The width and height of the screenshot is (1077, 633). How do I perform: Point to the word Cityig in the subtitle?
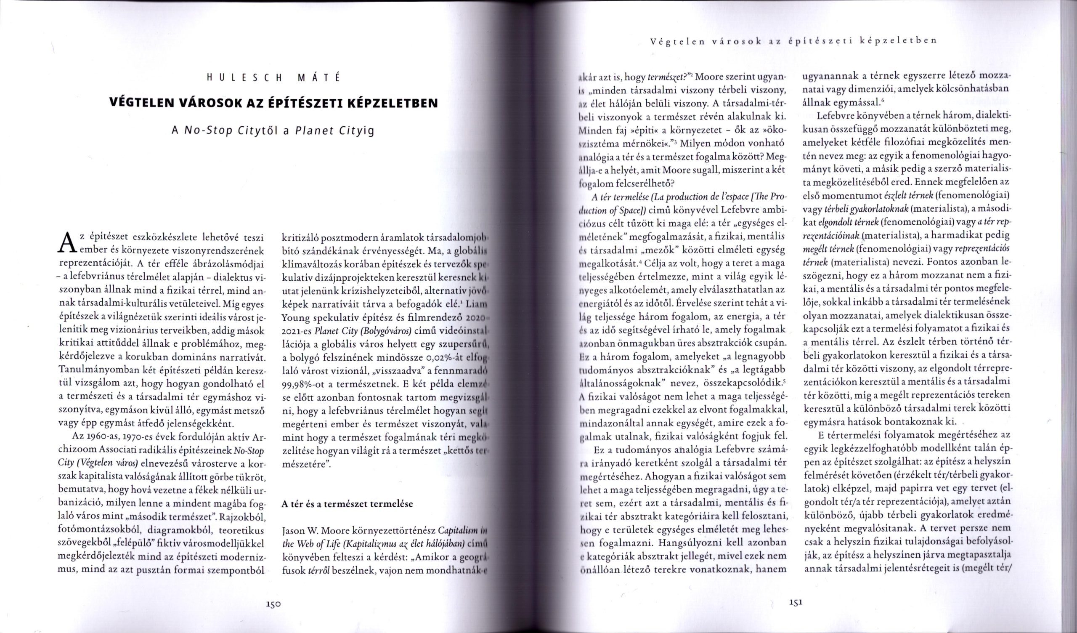[x=356, y=130]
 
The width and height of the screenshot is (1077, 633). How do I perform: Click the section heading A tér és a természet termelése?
[x=347, y=503]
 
